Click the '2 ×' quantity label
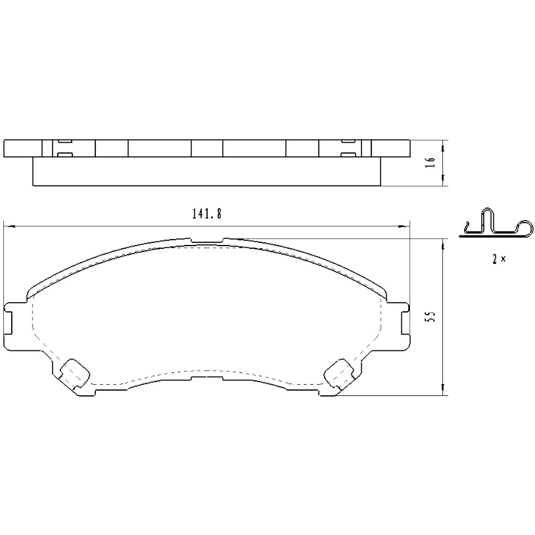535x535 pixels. click(x=499, y=259)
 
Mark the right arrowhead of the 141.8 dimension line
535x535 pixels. click(x=405, y=226)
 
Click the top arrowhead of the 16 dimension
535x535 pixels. click(x=444, y=143)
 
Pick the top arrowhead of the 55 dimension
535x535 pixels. click(x=444, y=242)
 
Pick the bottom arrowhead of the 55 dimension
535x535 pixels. click(x=444, y=393)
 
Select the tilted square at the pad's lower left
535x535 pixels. click(x=74, y=372)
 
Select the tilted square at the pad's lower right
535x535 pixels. click(x=339, y=372)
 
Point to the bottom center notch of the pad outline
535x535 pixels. click(x=207, y=376)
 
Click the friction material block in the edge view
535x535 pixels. click(x=207, y=172)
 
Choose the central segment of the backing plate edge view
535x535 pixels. click(x=207, y=148)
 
